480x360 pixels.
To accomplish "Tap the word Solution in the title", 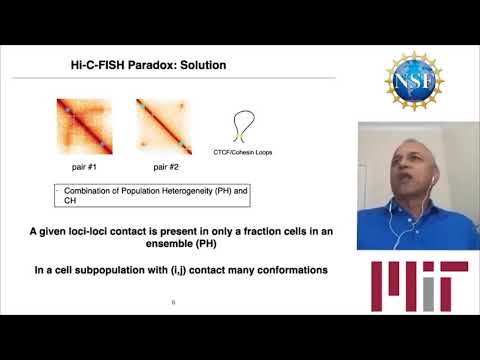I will (200, 66).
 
